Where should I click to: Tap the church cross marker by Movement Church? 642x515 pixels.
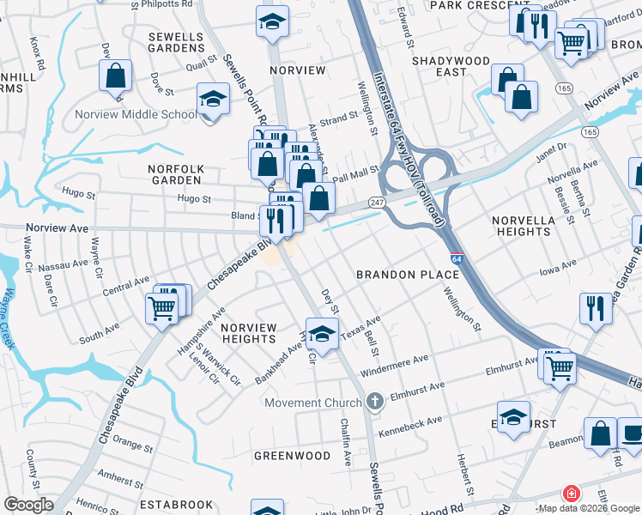pyautogui.click(x=373, y=401)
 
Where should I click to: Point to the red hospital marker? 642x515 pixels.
pyautogui.click(x=569, y=494)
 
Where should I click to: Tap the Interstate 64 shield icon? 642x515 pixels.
pyautogui.click(x=457, y=257)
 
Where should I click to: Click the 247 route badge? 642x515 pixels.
pyautogui.click(x=377, y=201)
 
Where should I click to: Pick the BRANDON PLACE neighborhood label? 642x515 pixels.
pyautogui.click(x=408, y=275)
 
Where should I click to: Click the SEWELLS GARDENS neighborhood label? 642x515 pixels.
pyautogui.click(x=176, y=43)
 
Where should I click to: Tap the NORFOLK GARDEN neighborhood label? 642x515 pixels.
pyautogui.click(x=162, y=174)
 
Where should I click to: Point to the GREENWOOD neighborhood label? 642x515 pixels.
pyautogui.click(x=292, y=455)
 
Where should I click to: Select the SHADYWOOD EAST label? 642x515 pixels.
pyautogui.click(x=451, y=66)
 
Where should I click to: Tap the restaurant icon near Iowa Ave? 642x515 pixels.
pyautogui.click(x=595, y=308)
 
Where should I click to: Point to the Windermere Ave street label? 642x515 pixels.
pyautogui.click(x=395, y=367)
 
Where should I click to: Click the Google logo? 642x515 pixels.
pyautogui.click(x=28, y=504)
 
